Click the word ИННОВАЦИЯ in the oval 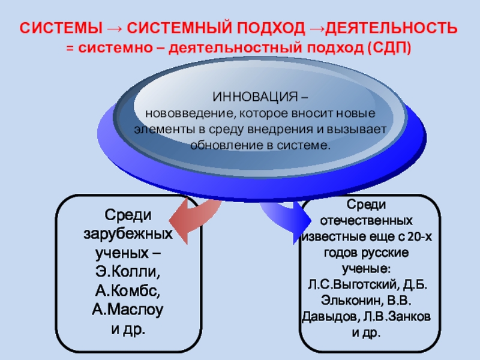click(258, 98)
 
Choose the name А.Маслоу click(128, 311)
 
